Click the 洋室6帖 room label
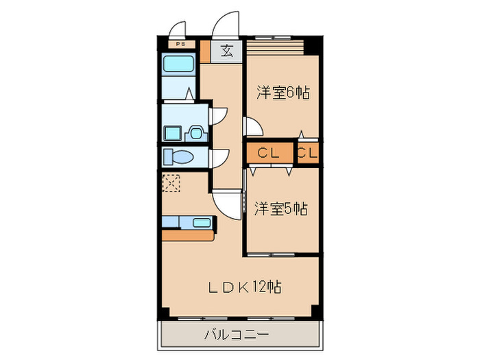(x=283, y=92)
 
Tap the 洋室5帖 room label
(x=282, y=208)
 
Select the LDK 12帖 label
(x=245, y=287)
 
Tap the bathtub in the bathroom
(x=180, y=69)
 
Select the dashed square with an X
(x=171, y=183)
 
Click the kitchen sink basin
(x=202, y=222)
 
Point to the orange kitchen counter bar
(x=188, y=235)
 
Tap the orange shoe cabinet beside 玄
(x=204, y=52)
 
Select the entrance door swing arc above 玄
(x=226, y=24)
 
